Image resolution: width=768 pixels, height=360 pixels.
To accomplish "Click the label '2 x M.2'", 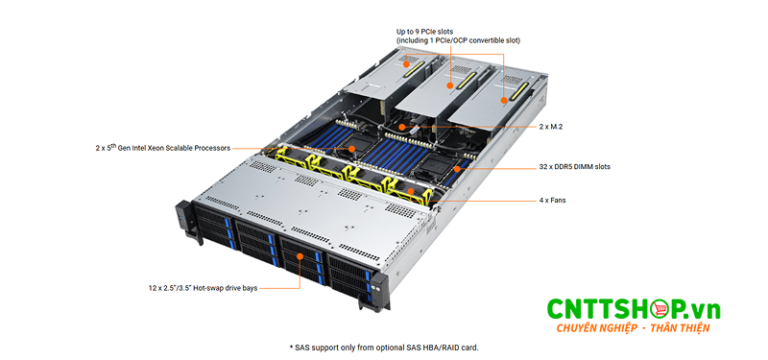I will [551, 126].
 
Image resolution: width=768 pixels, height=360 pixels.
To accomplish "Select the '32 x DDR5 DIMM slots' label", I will [573, 166].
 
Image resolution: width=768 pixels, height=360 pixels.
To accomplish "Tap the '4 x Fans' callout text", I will [551, 200].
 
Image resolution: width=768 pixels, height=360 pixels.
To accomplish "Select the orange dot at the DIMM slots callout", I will [457, 167].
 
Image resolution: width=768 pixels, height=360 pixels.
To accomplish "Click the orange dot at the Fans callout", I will [413, 191].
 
